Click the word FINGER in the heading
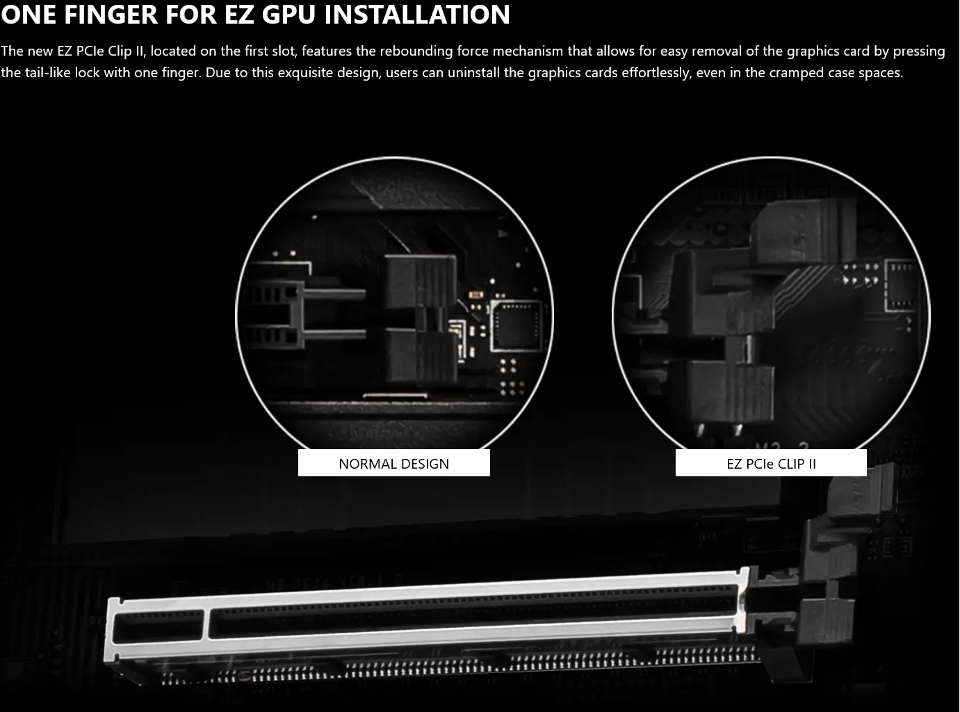click(111, 15)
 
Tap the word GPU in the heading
click(288, 15)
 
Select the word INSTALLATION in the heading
click(417, 15)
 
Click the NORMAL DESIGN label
click(394, 464)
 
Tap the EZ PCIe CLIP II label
click(772, 464)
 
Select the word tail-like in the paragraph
click(47, 72)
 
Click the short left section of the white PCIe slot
click(158, 626)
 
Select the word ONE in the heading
click(29, 15)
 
